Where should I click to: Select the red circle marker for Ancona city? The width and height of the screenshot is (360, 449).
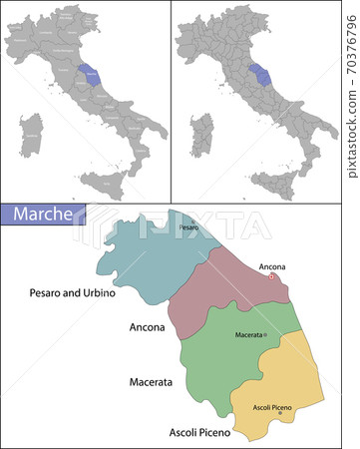(272, 278)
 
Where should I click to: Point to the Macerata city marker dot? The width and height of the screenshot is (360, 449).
(265, 334)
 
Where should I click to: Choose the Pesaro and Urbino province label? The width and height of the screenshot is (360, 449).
(73, 293)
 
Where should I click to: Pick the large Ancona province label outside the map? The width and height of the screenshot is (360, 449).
(148, 326)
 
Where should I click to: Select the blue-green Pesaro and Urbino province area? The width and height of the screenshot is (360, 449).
(140, 269)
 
